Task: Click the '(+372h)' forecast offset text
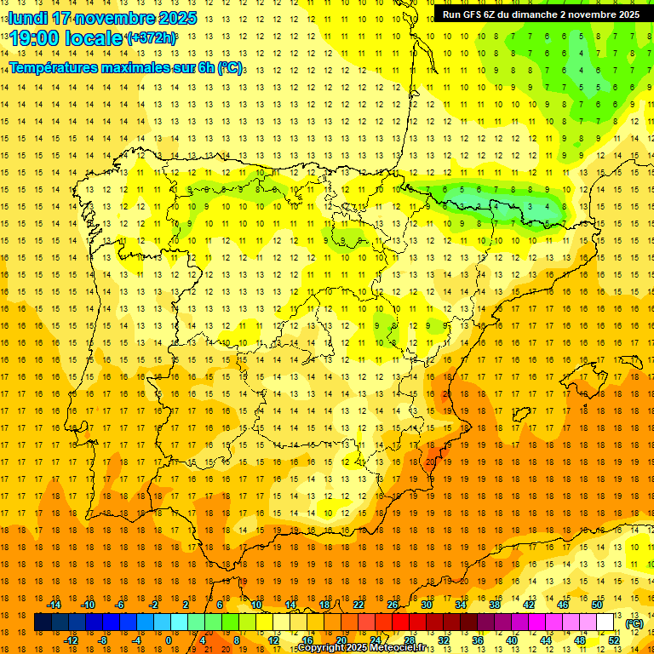tap(151, 38)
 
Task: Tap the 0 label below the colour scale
tap(169, 640)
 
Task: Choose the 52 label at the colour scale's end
tap(613, 640)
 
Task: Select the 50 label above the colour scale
tap(596, 605)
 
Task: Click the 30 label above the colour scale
tap(426, 605)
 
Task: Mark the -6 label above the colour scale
tap(119, 605)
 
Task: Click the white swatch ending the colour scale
tap(605, 622)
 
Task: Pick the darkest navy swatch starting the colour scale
tap(43, 622)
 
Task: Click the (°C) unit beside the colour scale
tap(634, 623)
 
